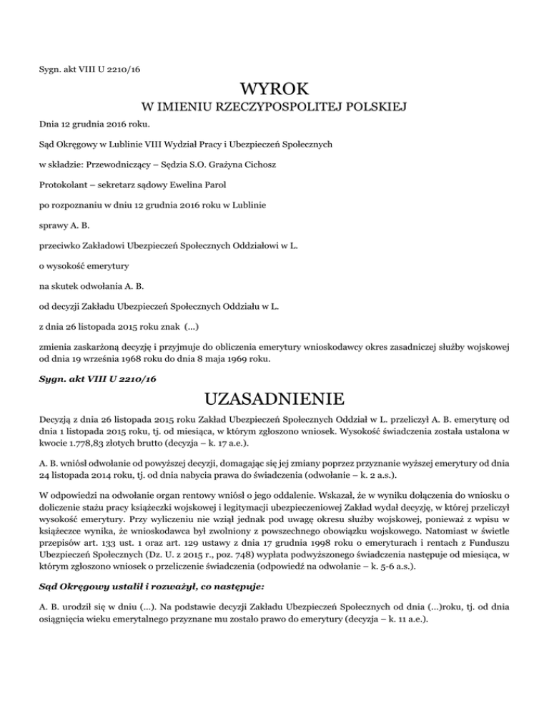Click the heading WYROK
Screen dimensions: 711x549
pyautogui.click(x=274, y=91)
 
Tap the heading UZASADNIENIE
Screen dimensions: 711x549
pyautogui.click(x=274, y=397)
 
